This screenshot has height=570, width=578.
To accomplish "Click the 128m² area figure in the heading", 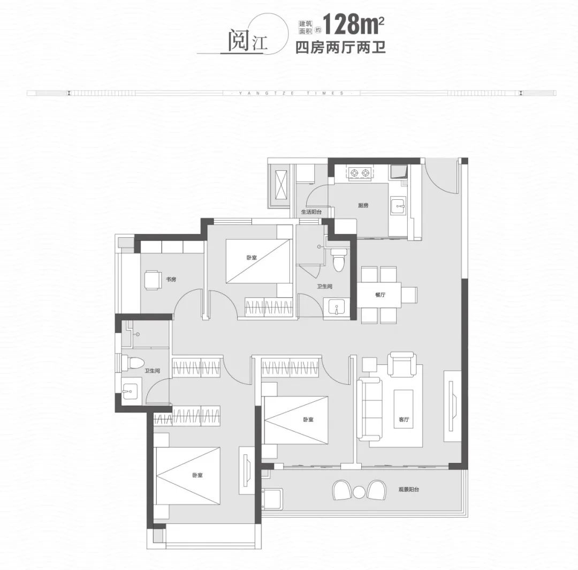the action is point(354,24).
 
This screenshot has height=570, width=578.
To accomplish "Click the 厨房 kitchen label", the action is point(363,206).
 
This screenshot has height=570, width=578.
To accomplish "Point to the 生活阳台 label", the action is point(311,212).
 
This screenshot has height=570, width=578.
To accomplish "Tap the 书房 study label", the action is point(171,279).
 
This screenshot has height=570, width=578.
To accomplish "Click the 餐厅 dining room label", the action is point(380,295).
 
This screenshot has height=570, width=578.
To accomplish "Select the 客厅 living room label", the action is point(404,419).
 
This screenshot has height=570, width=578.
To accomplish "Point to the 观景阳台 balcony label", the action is point(409,490).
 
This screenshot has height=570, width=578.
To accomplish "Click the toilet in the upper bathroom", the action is point(339,260).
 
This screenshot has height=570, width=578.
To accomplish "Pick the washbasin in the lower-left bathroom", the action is point(130,391).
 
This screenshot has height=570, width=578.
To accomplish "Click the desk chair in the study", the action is point(152,280).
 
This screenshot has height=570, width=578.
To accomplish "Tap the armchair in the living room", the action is point(402,364).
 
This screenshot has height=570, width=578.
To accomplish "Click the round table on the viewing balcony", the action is point(359,492).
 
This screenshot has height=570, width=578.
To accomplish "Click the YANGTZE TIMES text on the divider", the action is point(292,93).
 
